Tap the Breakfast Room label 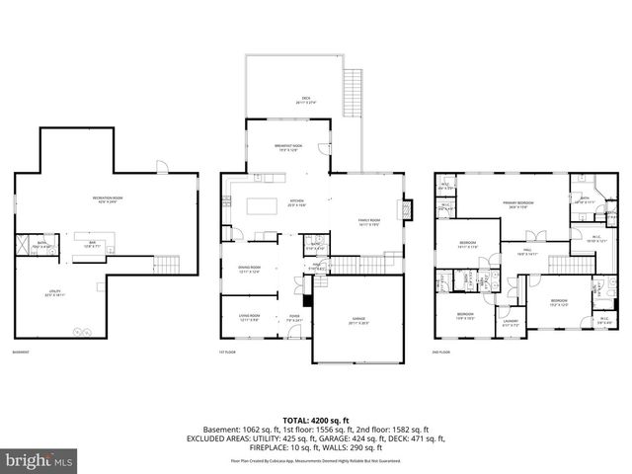pos(287,148)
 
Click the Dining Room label pos(249,269)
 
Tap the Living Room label pos(249,318)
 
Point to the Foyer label pos(294,318)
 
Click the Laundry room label pos(511,321)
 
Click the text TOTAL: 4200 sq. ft pos(316,421)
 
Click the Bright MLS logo pos(39,460)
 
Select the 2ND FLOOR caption pos(441,352)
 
